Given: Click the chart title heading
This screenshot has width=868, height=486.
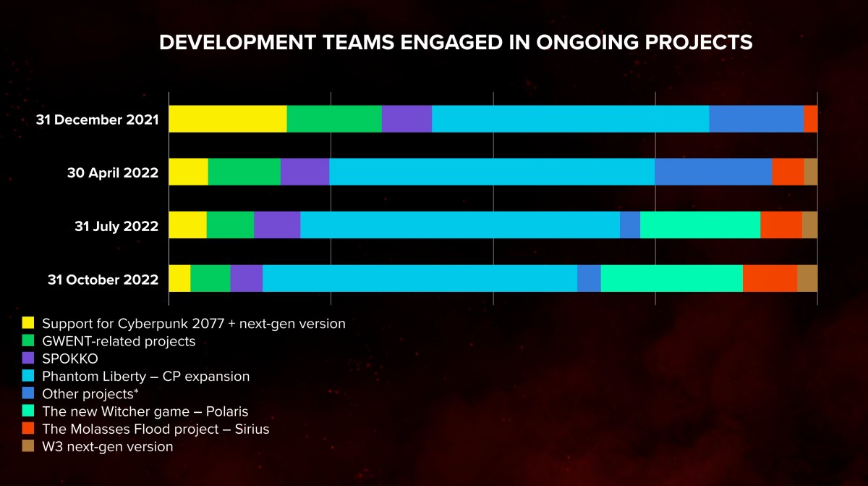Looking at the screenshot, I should pyautogui.click(x=455, y=43).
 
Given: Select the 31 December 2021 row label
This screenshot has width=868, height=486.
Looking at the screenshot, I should pyautogui.click(x=97, y=120).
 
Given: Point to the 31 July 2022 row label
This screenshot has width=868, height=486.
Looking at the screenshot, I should pyautogui.click(x=116, y=226).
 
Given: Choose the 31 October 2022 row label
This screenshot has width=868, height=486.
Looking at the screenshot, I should pyautogui.click(x=103, y=280).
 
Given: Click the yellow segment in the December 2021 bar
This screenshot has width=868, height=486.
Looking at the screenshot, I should pyautogui.click(x=228, y=119).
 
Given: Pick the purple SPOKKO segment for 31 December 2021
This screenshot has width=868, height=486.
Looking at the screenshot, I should pyautogui.click(x=407, y=119).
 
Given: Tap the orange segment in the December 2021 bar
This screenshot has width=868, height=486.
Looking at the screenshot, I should pyautogui.click(x=811, y=119).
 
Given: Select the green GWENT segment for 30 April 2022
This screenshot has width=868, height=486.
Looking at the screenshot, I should pyautogui.click(x=244, y=172).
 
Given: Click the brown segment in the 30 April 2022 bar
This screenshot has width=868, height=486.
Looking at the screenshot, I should pyautogui.click(x=811, y=172).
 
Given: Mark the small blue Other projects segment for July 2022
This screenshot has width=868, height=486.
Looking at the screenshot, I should pyautogui.click(x=630, y=225).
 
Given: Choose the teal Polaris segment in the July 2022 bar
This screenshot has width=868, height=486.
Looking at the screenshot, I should pyautogui.click(x=700, y=225).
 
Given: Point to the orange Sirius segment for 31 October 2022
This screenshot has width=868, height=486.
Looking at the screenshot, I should pyautogui.click(x=770, y=278).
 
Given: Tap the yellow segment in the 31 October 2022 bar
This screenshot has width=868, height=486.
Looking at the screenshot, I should pyautogui.click(x=179, y=278).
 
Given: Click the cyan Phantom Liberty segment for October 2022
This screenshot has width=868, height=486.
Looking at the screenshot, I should pyautogui.click(x=420, y=278).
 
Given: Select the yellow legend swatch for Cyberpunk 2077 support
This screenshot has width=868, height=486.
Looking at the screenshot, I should pyautogui.click(x=28, y=323).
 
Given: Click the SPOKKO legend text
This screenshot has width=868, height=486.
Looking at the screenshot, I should pyautogui.click(x=69, y=359).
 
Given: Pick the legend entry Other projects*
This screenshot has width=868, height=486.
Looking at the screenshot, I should pyautogui.click(x=90, y=394).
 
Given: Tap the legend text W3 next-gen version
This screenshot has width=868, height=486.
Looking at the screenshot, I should pyautogui.click(x=107, y=447).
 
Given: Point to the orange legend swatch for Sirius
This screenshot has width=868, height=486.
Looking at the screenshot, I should pyautogui.click(x=28, y=430).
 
